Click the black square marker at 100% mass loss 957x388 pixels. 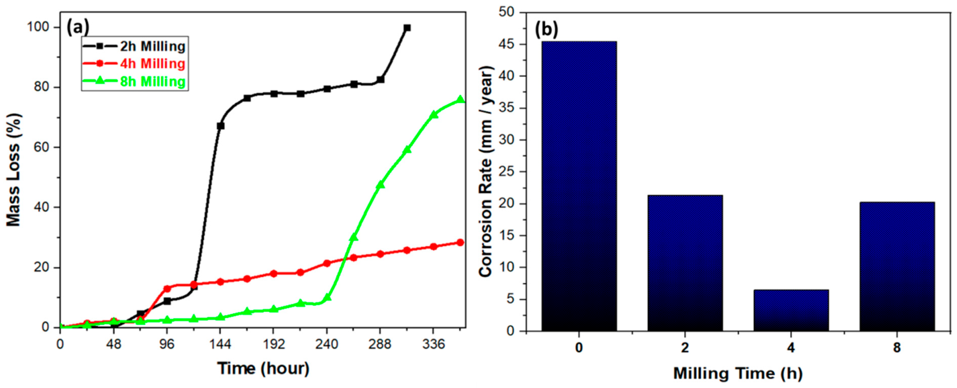click(407, 28)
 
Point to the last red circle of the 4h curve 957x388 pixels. click(460, 243)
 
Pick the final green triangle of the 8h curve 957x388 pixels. click(460, 99)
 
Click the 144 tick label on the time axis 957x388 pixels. click(220, 345)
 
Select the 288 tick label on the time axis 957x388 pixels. click(380, 345)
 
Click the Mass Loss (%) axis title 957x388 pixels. click(14, 170)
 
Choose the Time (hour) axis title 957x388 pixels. click(263, 369)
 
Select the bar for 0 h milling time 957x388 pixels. click(579, 186)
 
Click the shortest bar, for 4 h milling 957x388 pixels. click(791, 310)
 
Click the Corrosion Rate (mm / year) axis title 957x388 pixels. click(486, 172)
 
